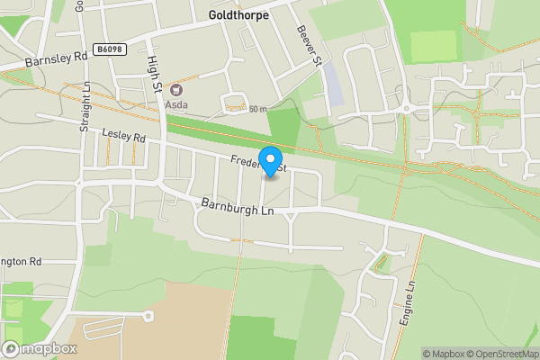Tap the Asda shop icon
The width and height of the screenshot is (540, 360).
[175, 89]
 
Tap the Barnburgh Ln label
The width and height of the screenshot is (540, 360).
[237, 205]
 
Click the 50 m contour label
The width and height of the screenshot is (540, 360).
[258, 109]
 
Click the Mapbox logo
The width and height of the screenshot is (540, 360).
[39, 348]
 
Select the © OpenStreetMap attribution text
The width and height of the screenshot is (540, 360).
[500, 354]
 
